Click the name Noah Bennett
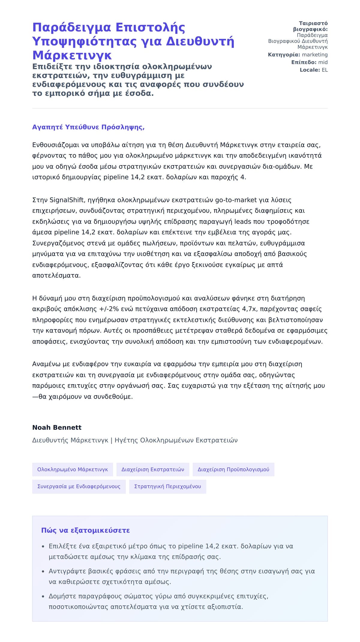(57, 427)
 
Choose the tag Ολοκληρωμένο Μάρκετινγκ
(73, 469)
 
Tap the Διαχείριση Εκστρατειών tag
(153, 469)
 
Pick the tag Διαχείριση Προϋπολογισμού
(233, 469)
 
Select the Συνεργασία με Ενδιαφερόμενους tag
(79, 487)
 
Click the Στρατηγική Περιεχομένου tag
(168, 487)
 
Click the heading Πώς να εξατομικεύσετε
(85, 530)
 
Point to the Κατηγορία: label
(284, 55)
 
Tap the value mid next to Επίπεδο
(323, 62)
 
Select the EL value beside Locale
(325, 70)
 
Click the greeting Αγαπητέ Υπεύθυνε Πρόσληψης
(88, 127)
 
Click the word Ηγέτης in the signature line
(126, 440)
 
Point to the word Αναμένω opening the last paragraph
(46, 364)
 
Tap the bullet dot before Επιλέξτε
(43, 547)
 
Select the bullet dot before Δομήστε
(43, 597)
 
